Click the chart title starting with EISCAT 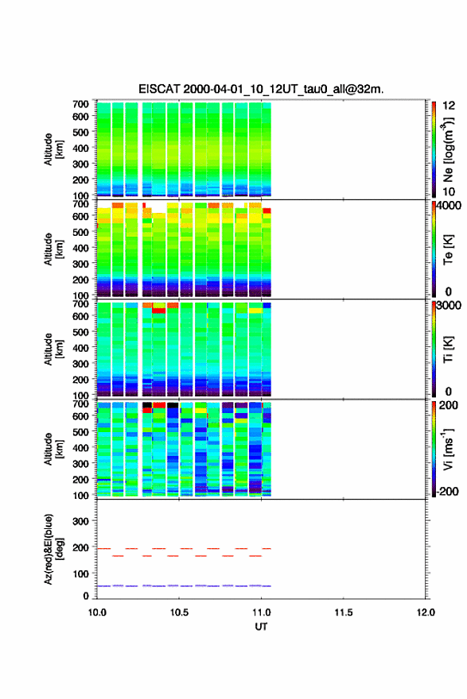(261, 89)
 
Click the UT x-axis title (261, 627)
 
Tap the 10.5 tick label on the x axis (179, 612)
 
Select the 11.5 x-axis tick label (344, 612)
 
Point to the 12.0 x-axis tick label (426, 612)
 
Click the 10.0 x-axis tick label (97, 612)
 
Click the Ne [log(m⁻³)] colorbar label (449, 150)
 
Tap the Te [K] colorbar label (448, 249)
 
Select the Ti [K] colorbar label (448, 349)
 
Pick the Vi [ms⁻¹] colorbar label (449, 450)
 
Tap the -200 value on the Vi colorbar (448, 491)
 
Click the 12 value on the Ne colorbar (449, 106)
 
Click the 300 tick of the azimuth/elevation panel (81, 521)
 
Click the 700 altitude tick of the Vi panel (81, 404)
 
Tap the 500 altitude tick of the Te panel (81, 232)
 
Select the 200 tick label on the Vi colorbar (449, 405)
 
